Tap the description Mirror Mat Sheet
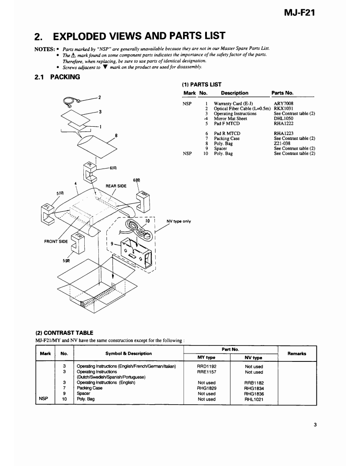230,118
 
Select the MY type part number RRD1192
206,366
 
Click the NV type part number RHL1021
254,399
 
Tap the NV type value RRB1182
254,383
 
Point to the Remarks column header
296,353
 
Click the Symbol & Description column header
128,353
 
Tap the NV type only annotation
179,222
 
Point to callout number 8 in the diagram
116,136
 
